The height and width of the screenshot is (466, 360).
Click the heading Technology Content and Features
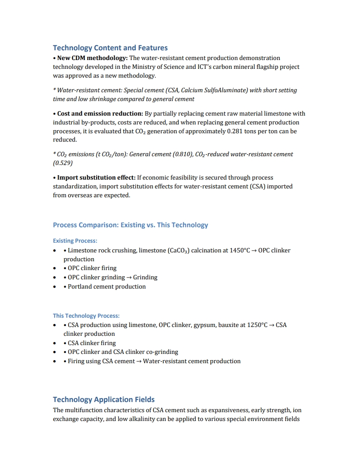click(x=110, y=48)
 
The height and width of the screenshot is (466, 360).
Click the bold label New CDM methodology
click(x=92, y=58)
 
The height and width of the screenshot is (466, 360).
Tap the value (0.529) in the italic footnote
click(x=63, y=162)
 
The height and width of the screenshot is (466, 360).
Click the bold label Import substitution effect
click(x=96, y=177)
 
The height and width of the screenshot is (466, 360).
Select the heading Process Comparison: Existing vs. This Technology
click(x=131, y=225)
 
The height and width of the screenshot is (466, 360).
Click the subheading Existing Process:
click(x=75, y=241)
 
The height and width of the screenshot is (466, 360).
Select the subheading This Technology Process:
click(x=86, y=316)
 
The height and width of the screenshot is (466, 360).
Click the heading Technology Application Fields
click(x=104, y=399)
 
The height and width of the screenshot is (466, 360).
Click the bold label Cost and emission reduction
click(x=96, y=113)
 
